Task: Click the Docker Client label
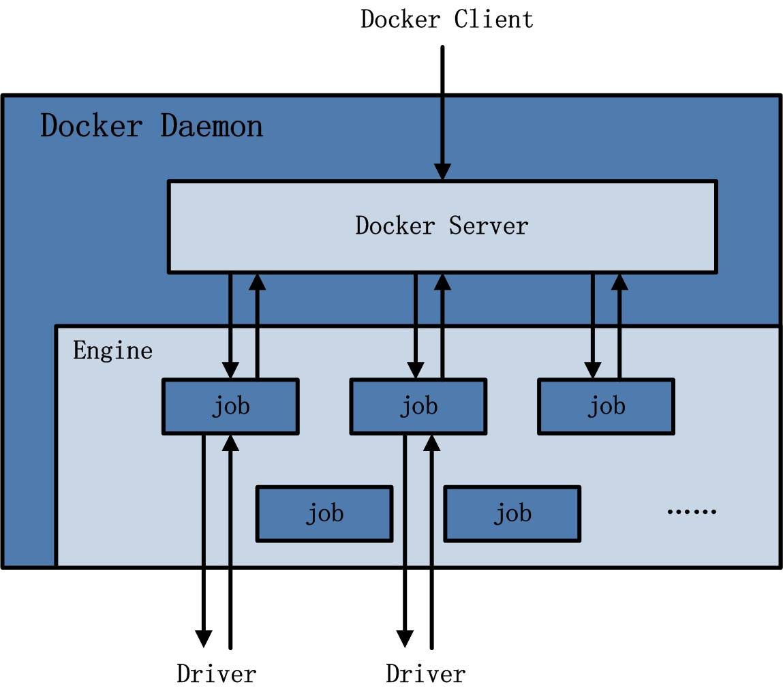[x=446, y=19]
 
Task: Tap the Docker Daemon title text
[x=151, y=127]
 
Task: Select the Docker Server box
[x=442, y=226]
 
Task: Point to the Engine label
[x=112, y=351]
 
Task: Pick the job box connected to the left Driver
[x=230, y=407]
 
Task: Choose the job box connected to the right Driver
[x=418, y=407]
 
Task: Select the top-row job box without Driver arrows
[x=606, y=407]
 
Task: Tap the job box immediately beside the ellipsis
[x=512, y=513]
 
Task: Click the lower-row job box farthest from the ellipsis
[x=324, y=513]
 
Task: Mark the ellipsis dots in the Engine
[x=691, y=511]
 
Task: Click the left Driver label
[x=216, y=674]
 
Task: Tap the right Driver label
[x=425, y=674]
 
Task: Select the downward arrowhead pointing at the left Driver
[x=204, y=638]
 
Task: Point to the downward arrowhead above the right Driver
[x=405, y=638]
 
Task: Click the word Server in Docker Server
[x=489, y=226]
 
